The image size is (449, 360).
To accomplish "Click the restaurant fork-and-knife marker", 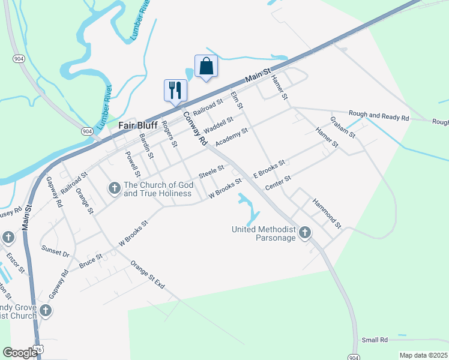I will tap(175, 90).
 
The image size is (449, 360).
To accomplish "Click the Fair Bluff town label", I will tap(137, 125).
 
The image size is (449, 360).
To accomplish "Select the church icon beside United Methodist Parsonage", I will tap(306, 232).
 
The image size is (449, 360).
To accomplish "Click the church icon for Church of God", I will tap(114, 188).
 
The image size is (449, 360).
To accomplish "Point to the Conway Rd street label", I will tap(195, 129).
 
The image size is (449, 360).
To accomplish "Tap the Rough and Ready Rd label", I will tap(379, 115).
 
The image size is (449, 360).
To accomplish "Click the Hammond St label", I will tap(327, 213).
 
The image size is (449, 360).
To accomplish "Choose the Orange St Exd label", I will tap(147, 275).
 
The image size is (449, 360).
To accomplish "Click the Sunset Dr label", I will tap(55, 250).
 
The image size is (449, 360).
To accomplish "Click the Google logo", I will tap(20, 353).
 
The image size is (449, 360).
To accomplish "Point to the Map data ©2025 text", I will tap(423, 355).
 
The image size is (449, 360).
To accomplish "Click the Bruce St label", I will tap(91, 259).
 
